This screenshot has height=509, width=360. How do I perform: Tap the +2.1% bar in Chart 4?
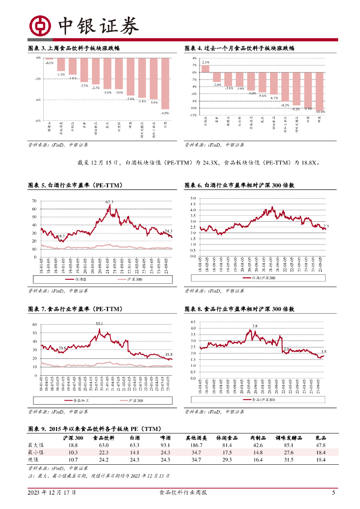pos(205,69)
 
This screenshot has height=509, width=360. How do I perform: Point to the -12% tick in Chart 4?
pos(194,115)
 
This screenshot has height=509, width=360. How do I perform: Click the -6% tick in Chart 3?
pos(38,121)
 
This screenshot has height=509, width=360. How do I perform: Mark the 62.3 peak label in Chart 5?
pos(109,202)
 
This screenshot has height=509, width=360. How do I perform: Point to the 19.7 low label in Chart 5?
pos(60,236)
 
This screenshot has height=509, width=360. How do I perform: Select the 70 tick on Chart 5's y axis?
pos(34,201)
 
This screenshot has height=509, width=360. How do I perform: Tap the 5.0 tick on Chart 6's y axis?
pos(193,198)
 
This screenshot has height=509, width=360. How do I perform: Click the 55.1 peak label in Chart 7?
pos(99,324)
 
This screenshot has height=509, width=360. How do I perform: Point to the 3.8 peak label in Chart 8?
pos(255,326)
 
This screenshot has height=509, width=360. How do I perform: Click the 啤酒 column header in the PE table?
pos(165,438)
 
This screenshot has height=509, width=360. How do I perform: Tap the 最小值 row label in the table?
pos(36,453)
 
